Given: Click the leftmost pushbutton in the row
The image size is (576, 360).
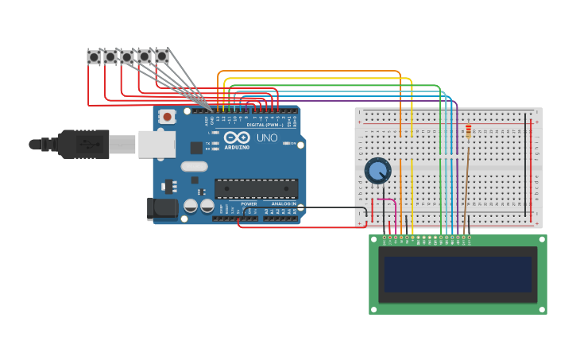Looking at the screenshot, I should [x=94, y=56].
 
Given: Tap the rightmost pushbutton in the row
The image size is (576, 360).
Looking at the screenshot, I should [x=161, y=56].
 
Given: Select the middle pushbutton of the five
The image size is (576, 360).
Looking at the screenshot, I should [x=127, y=56].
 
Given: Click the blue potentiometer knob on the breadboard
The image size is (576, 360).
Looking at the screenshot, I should [x=377, y=170].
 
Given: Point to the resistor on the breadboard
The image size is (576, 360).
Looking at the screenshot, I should [x=468, y=132].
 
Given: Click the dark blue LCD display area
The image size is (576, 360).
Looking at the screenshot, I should [x=458, y=273].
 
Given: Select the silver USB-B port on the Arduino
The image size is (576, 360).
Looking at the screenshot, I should [x=157, y=144].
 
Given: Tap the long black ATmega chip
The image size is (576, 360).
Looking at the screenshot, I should [x=256, y=188].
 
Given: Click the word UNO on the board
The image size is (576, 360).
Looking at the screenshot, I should [x=267, y=138].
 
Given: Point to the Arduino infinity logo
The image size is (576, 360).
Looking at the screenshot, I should [x=237, y=137].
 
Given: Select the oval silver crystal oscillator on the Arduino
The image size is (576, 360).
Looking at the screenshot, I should [x=194, y=166].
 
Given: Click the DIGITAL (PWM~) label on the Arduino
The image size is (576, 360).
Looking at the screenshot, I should [x=264, y=125].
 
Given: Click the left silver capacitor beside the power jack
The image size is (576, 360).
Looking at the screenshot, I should [x=191, y=206].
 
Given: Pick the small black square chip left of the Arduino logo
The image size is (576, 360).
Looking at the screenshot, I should [x=196, y=147].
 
